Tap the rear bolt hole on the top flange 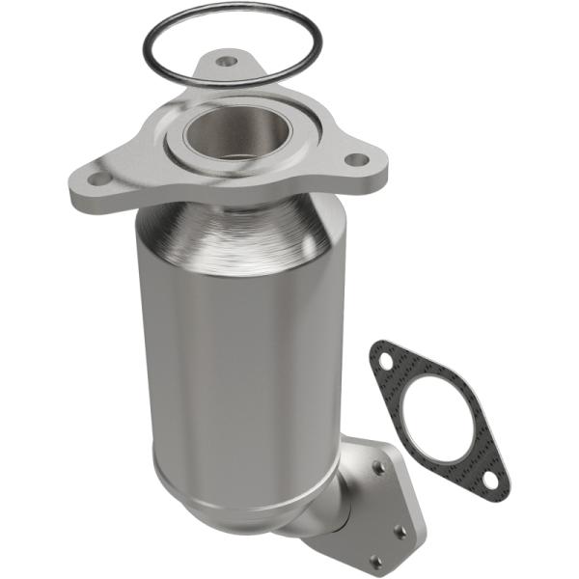click(227, 62)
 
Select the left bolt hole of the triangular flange click(100, 179)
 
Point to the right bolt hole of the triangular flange click(355, 159)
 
